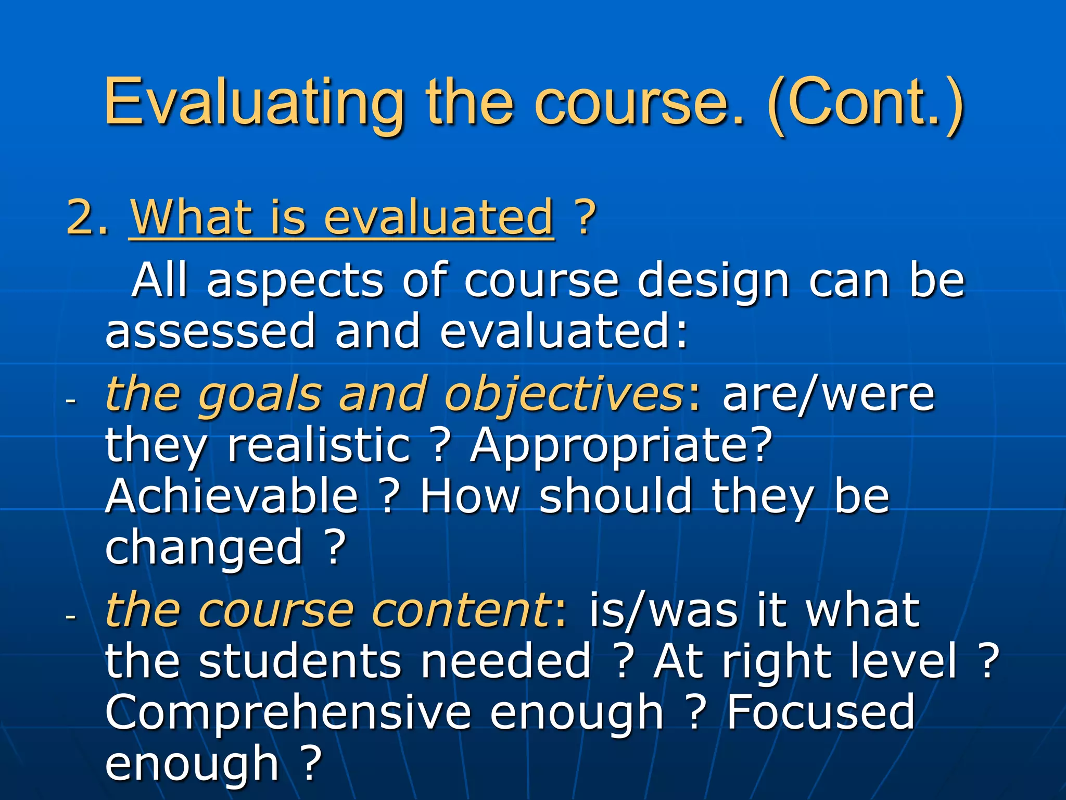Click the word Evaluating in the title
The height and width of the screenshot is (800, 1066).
click(x=254, y=103)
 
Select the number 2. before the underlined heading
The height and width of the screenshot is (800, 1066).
click(x=87, y=217)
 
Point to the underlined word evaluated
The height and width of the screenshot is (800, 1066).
click(x=438, y=217)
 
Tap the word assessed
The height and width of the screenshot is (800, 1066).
click(x=210, y=332)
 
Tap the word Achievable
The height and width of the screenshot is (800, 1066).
click(x=232, y=496)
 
